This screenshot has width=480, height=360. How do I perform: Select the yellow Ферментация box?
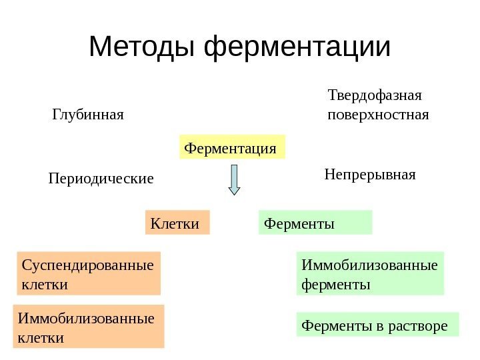231,147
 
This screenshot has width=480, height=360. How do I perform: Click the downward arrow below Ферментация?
234,180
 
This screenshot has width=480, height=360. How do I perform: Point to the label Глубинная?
88,115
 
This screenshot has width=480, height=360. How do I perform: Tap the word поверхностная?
379,115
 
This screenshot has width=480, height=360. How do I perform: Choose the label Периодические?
101,179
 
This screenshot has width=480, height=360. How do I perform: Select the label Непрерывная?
370,175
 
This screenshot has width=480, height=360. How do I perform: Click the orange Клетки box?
177,223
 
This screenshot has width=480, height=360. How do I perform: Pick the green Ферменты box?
315,223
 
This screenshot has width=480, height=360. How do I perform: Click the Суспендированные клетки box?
88,273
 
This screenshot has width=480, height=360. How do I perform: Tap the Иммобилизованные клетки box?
89,327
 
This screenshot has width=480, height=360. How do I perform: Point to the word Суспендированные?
87,265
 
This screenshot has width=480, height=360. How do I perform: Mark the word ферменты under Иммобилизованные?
336,284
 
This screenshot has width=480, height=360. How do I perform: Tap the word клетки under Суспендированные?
44,284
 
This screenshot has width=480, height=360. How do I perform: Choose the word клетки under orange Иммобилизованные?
41,337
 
